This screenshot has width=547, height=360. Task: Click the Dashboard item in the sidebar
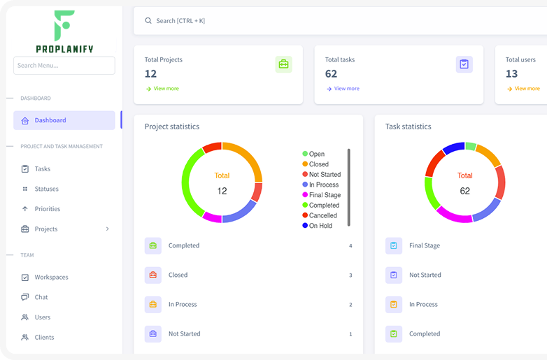(50, 120)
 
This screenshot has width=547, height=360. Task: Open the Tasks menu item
(43, 168)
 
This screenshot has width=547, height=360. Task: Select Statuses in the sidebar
(46, 189)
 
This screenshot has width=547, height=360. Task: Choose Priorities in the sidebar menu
(48, 209)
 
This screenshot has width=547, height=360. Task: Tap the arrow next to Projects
(107, 229)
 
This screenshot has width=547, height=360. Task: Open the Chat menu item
(41, 297)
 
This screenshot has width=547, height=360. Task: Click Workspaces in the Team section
(51, 278)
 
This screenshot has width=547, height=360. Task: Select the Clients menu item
(44, 338)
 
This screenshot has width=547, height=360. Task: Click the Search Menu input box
(64, 66)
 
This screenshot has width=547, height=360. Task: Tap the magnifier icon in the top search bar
(148, 21)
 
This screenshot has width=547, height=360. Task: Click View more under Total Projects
(166, 89)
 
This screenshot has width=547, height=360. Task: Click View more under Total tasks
(346, 89)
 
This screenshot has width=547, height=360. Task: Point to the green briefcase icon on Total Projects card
(283, 64)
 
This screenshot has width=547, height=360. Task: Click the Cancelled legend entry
(322, 215)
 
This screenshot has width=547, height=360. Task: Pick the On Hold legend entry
(320, 226)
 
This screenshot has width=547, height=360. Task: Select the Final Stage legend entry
(325, 195)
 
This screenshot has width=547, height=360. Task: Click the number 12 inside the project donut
(222, 191)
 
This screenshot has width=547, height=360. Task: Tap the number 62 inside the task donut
(465, 191)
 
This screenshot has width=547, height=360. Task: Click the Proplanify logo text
(64, 49)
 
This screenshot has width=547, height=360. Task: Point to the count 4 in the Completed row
(350, 246)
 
